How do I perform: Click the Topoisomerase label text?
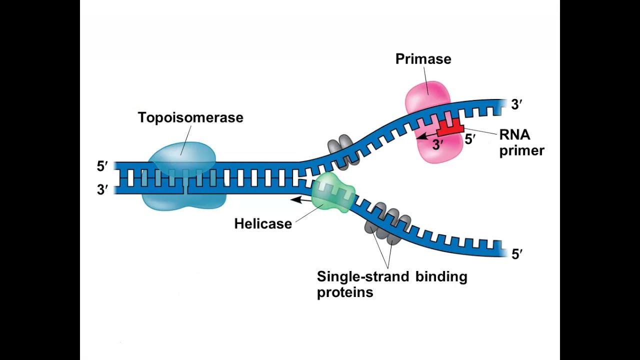(x=190, y=117)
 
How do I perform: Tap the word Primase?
(x=423, y=59)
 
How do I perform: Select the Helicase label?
(x=263, y=223)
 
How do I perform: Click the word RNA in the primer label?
(x=514, y=135)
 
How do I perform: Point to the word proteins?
(x=345, y=292)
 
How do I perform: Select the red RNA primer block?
(x=449, y=129)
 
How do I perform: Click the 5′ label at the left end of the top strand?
(x=102, y=166)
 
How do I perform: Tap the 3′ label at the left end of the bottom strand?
(x=102, y=190)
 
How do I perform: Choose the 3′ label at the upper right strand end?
(x=516, y=104)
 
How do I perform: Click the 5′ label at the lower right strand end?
(x=517, y=254)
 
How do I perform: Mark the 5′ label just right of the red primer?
(x=470, y=140)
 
